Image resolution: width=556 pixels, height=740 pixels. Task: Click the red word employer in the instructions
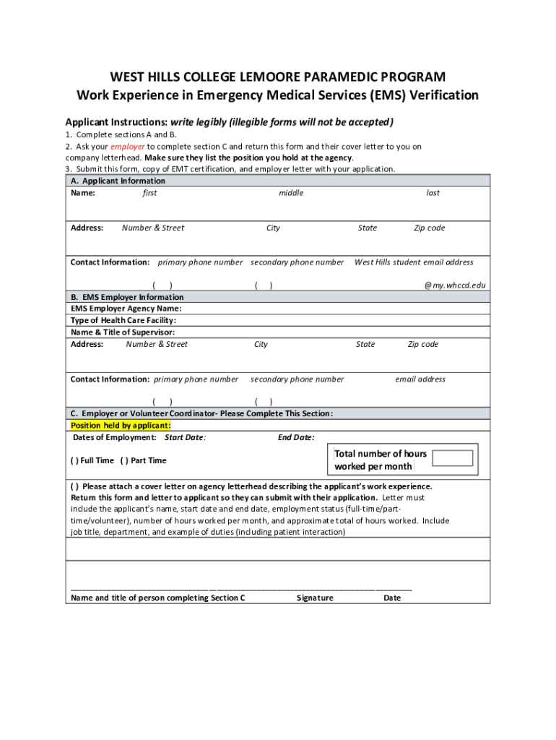128,146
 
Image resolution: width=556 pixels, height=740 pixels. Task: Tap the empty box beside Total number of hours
453,458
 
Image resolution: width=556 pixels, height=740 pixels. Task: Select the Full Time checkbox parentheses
74,460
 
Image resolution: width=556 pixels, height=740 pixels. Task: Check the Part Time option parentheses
124,460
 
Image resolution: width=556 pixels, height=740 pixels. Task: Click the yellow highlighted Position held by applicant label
121,425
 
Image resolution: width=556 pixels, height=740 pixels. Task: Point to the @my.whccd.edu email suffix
455,285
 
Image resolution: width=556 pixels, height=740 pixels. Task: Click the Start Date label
185,437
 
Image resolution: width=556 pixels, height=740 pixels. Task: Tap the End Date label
296,437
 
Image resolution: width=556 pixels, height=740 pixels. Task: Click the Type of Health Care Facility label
123,320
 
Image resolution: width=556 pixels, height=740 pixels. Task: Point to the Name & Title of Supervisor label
122,332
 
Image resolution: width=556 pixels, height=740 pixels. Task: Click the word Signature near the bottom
315,598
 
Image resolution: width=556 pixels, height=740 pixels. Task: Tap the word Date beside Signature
392,598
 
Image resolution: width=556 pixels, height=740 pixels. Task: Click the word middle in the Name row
291,193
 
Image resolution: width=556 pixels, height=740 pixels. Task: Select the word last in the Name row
433,193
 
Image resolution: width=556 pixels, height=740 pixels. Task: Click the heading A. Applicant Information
118,181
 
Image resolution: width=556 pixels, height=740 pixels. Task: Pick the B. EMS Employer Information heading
127,297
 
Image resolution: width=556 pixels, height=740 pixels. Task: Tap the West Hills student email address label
414,262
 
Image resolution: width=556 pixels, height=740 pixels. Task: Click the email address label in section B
420,379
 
